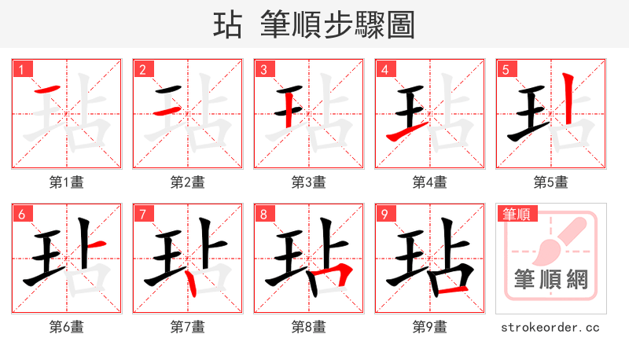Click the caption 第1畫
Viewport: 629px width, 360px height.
point(67,182)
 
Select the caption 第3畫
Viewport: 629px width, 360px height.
point(309,182)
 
